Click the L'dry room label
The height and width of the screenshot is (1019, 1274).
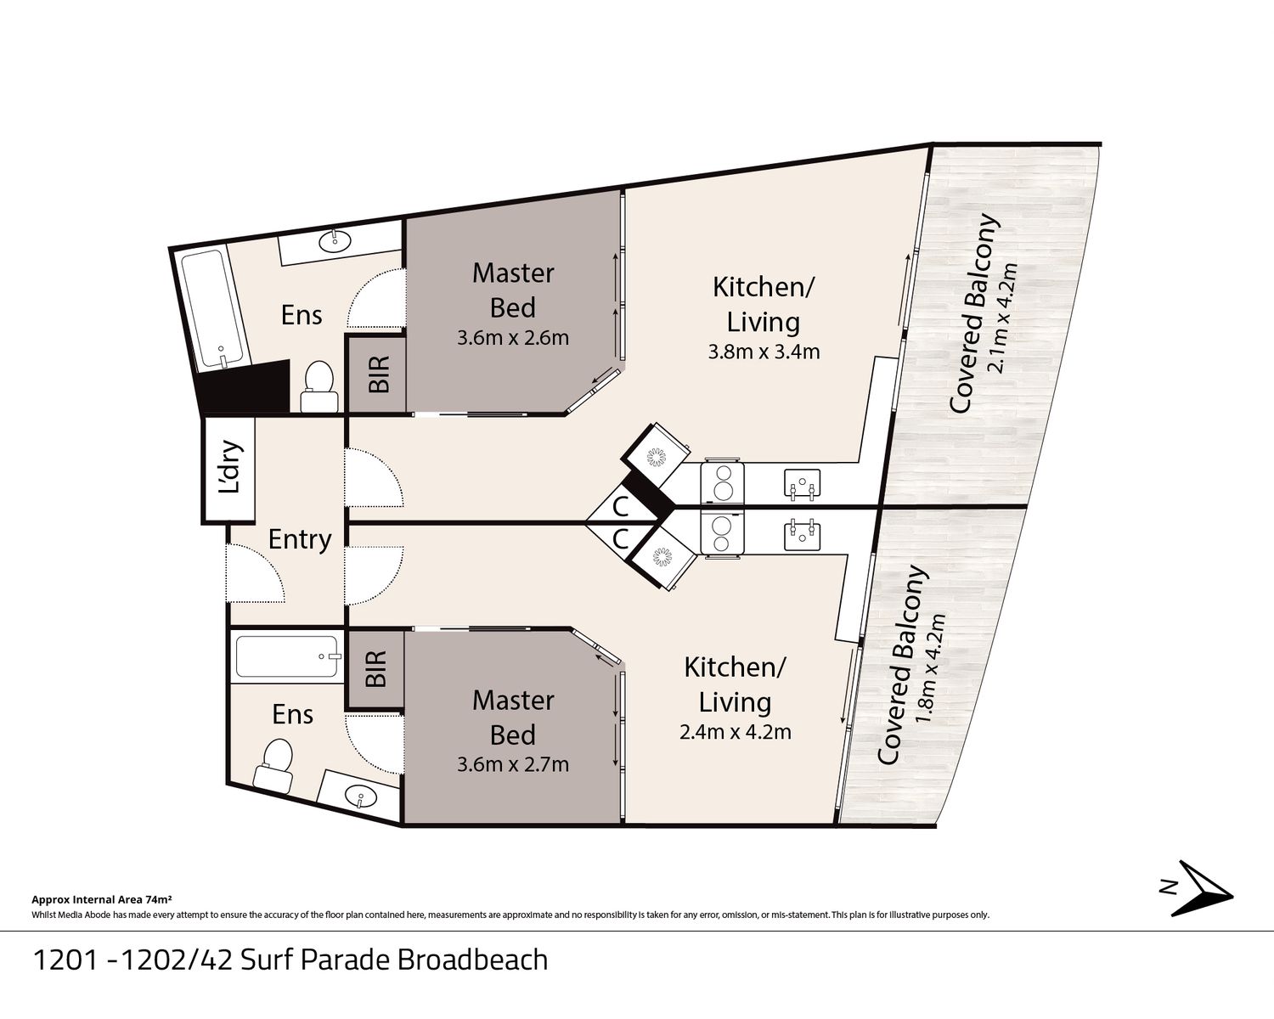pyautogui.click(x=229, y=467)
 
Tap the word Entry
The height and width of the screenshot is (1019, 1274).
pyautogui.click(x=300, y=540)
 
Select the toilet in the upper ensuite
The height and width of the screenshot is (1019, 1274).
pyautogui.click(x=319, y=386)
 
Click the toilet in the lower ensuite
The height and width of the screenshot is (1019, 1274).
pyautogui.click(x=274, y=763)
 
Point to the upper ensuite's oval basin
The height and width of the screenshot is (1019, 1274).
pyautogui.click(x=335, y=239)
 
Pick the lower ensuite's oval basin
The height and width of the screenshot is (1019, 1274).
pyautogui.click(x=359, y=796)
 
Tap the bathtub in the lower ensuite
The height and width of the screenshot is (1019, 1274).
pyautogui.click(x=286, y=656)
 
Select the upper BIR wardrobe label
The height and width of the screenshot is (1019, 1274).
pyautogui.click(x=379, y=374)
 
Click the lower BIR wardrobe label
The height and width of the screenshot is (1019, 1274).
pyautogui.click(x=376, y=669)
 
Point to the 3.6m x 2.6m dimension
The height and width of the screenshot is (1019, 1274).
pyautogui.click(x=513, y=338)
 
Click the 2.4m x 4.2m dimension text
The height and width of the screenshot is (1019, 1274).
pyautogui.click(x=736, y=733)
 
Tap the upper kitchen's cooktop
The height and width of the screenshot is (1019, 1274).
pyautogui.click(x=722, y=482)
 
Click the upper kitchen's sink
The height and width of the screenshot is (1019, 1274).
pyautogui.click(x=802, y=484)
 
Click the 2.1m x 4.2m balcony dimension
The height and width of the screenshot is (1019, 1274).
pyautogui.click(x=1003, y=318)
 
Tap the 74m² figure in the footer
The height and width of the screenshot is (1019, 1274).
pyautogui.click(x=159, y=899)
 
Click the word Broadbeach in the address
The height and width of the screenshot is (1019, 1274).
pyautogui.click(x=472, y=960)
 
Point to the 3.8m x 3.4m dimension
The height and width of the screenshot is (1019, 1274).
pyautogui.click(x=764, y=352)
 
